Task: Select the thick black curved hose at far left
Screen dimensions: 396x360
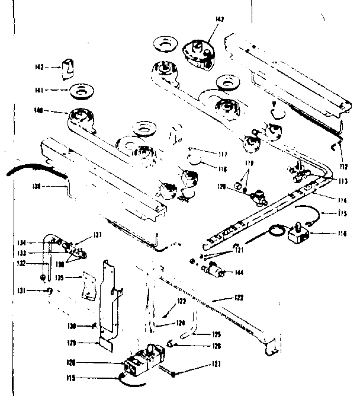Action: click(30, 170)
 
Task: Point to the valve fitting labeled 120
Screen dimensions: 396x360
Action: click(259, 193)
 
